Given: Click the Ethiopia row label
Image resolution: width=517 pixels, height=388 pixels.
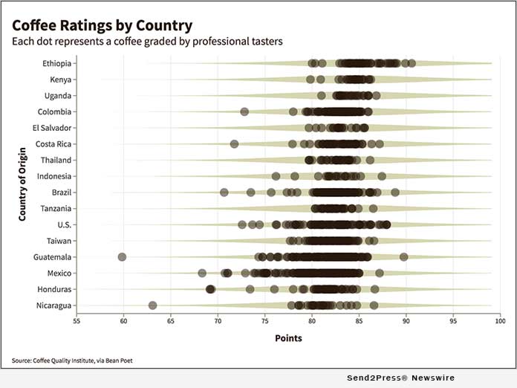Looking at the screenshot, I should coord(57,63).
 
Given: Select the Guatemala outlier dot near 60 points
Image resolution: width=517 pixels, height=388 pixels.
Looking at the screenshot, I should coord(123,257).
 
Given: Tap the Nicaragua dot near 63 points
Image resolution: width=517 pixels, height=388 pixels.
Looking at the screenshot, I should coord(152,305).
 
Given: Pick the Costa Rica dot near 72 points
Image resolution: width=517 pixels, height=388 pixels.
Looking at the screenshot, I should coord(235,143).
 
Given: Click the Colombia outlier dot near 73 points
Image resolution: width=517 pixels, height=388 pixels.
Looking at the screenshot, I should coord(244,111).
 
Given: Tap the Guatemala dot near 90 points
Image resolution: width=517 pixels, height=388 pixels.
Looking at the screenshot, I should coord(403,257).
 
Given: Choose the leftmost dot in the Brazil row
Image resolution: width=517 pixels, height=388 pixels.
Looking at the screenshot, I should coord(224,193).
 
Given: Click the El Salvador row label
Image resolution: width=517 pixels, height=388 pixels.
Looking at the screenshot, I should coord(52,128).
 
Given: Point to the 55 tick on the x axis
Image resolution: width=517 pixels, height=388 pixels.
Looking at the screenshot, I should coord(77,321).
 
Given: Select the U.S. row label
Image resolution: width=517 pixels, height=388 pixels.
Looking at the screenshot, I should coord(64,224).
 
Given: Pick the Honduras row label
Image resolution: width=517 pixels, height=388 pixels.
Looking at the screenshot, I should coord(55,289).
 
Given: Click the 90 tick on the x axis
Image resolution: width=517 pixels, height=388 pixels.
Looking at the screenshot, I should coord(406,321).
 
